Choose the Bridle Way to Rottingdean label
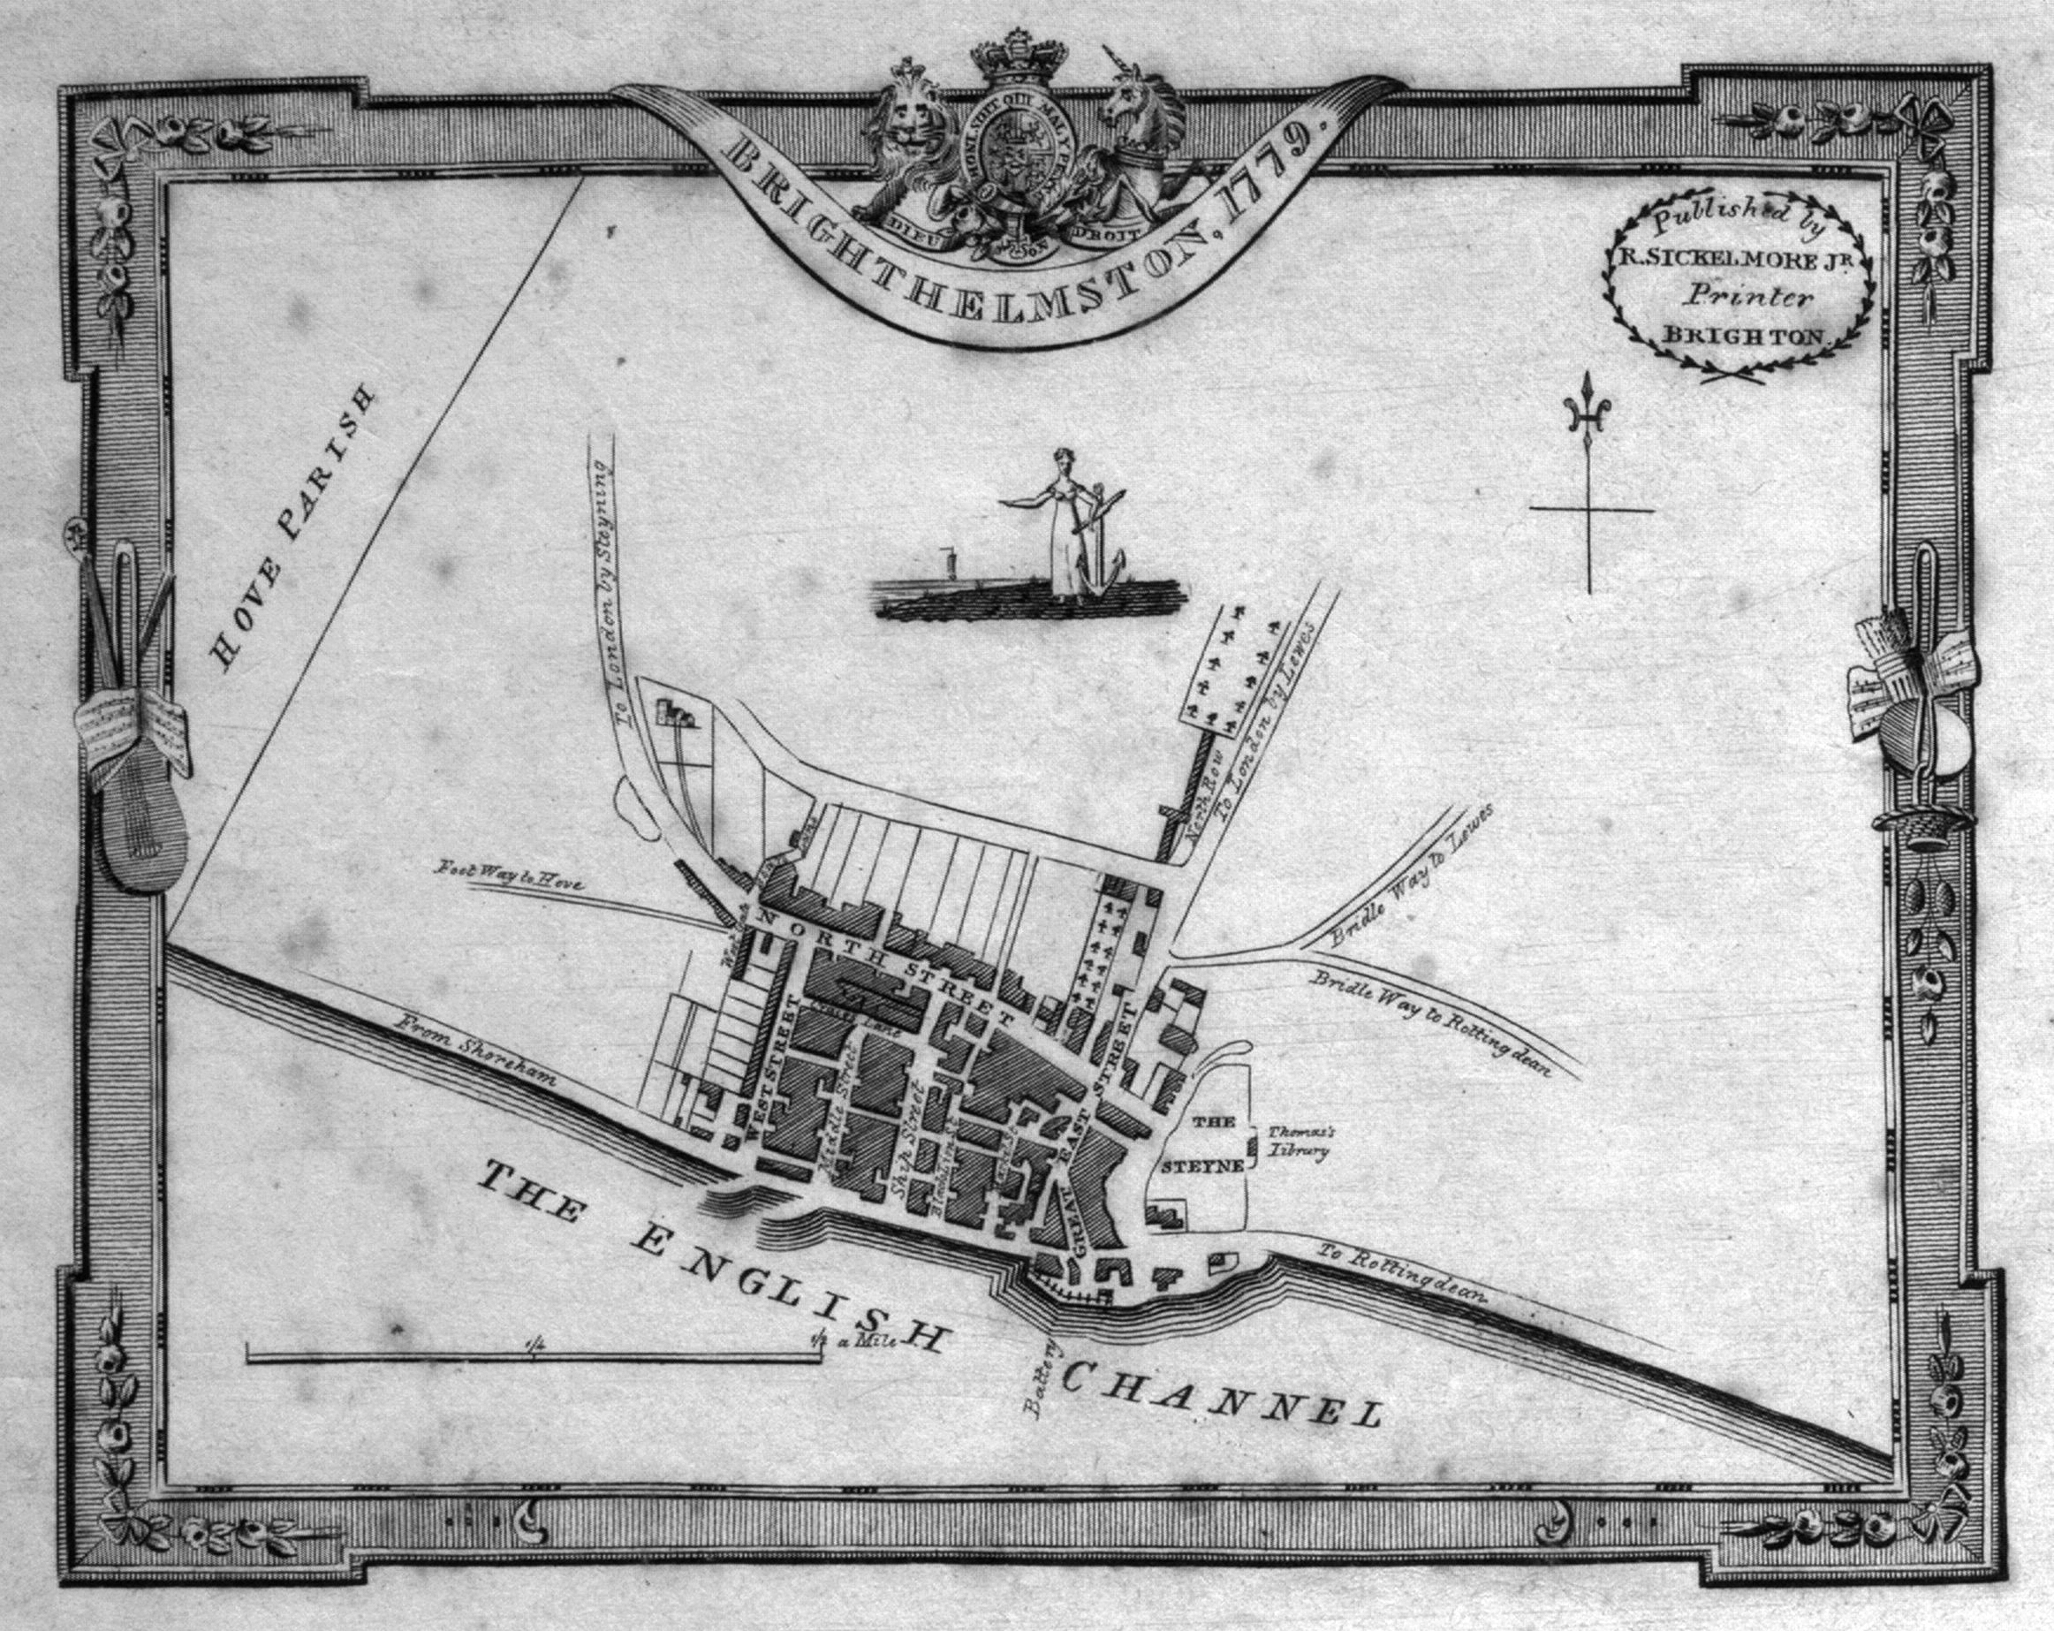1430,1022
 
